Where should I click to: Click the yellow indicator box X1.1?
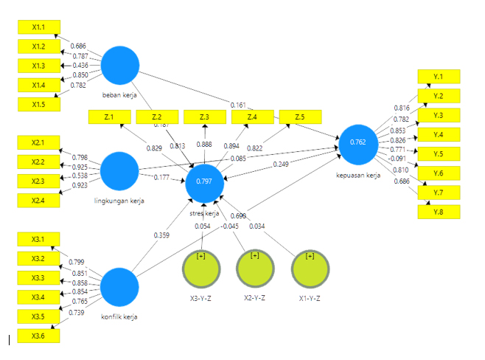click(38, 27)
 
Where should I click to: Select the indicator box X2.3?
click(38, 181)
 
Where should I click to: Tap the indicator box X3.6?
click(38, 336)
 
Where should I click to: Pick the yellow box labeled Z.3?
click(204, 117)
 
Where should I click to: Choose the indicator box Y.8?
click(439, 212)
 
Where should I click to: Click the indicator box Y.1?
click(439, 77)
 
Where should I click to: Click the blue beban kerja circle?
click(120, 66)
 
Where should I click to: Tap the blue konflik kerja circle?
click(120, 288)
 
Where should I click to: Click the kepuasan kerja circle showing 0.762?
click(358, 142)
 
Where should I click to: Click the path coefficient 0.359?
click(161, 235)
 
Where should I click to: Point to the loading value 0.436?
click(81, 66)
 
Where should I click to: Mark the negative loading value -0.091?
click(396, 159)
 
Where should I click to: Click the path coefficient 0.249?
click(280, 164)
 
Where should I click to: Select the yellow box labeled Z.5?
click(300, 117)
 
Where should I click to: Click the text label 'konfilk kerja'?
click(120, 317)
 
